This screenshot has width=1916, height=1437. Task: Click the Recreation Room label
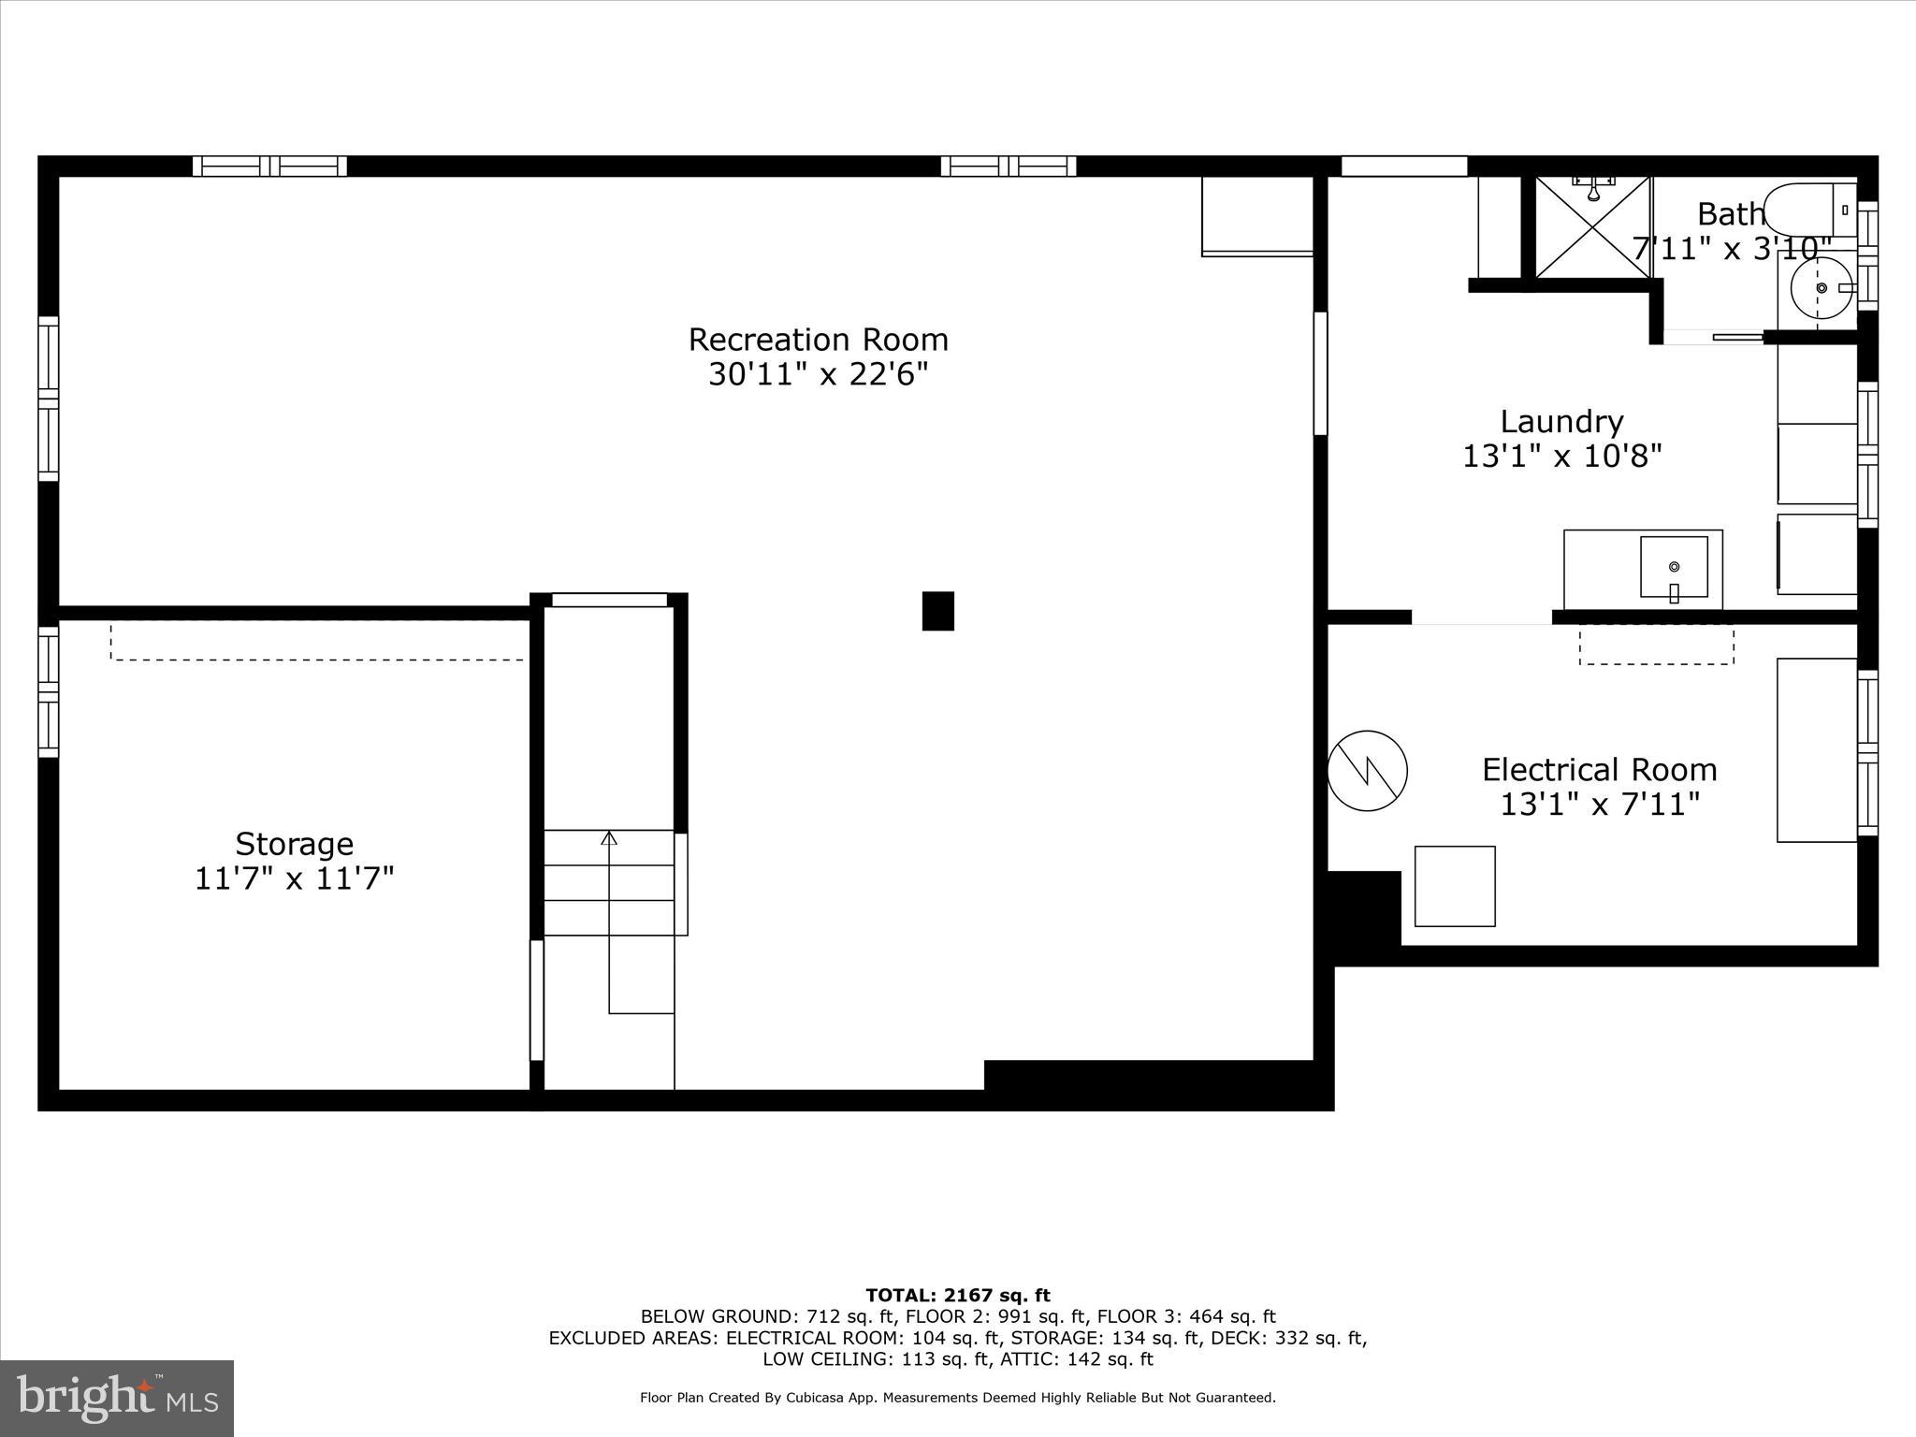click(818, 340)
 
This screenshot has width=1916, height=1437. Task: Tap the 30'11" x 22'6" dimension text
click(818, 375)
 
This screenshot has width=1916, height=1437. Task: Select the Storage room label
click(294, 844)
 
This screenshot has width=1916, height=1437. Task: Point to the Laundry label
click(1561, 422)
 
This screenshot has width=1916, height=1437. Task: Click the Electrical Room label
click(1599, 770)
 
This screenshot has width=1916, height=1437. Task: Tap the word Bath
click(1730, 214)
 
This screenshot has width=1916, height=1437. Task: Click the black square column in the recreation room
click(937, 611)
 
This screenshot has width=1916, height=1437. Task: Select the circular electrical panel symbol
click(1367, 770)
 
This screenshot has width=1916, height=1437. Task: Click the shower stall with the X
click(1592, 227)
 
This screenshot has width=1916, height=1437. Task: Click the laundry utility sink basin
click(1673, 567)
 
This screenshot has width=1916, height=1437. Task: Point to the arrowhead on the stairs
click(609, 837)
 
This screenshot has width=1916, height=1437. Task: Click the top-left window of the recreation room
click(269, 167)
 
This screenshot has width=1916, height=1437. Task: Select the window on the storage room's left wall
click(48, 691)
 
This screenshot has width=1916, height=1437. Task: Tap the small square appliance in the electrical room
click(1454, 886)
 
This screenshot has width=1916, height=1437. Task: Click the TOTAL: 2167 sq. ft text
click(957, 1295)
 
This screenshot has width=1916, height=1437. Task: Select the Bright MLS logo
click(117, 1398)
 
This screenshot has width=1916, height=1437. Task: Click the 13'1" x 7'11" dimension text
click(1599, 805)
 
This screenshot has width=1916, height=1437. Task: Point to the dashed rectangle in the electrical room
click(1656, 646)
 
